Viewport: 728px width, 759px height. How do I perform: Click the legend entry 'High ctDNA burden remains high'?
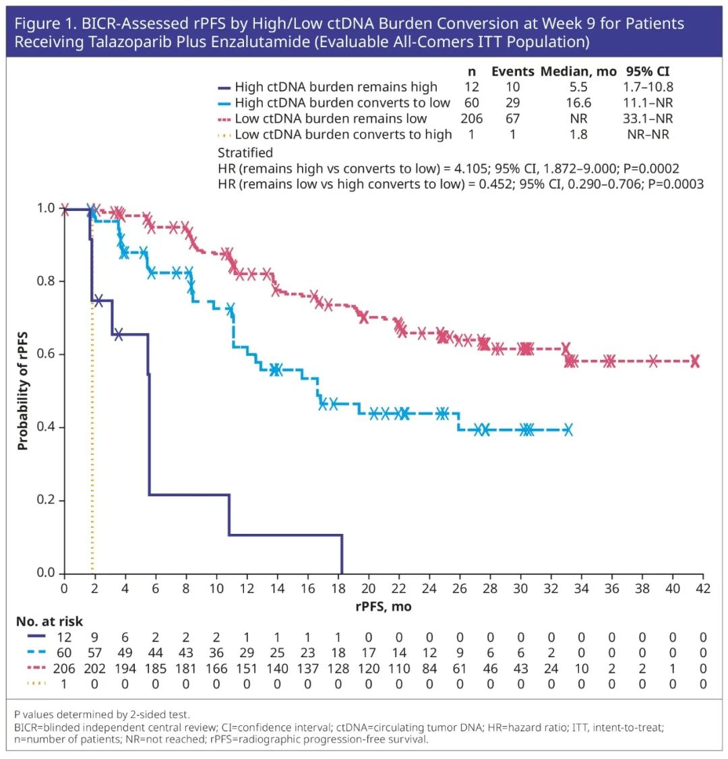(336, 87)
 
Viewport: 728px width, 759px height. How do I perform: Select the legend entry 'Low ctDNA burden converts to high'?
(343, 134)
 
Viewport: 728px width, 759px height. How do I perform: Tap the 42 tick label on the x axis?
(703, 589)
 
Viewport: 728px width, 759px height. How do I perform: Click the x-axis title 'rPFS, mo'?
(384, 606)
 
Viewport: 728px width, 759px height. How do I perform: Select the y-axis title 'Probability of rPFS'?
(23, 391)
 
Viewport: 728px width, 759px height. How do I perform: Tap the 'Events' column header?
(512, 71)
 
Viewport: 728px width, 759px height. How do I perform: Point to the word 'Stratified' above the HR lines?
(245, 152)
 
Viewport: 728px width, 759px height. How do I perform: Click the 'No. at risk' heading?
(49, 621)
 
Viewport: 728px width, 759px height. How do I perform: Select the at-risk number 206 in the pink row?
(65, 669)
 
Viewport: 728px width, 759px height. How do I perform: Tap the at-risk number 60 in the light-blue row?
(65, 653)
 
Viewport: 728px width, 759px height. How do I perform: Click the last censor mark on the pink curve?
(694, 361)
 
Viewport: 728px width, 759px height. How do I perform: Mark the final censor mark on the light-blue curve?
(568, 429)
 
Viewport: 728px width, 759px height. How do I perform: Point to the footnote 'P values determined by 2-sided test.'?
(102, 715)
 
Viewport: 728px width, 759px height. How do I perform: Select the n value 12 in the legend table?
(472, 87)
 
